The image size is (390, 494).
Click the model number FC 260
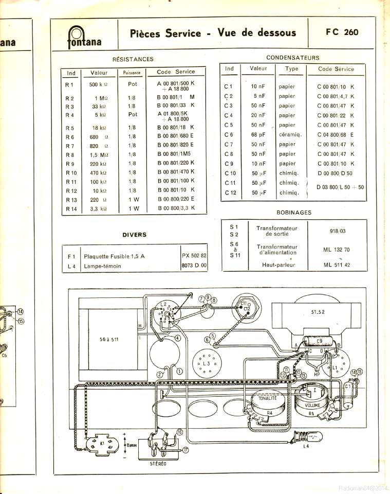342,32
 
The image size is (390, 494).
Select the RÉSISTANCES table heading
133,59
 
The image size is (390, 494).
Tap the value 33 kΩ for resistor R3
99,106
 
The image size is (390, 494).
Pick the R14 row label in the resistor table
71,208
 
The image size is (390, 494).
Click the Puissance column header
132,73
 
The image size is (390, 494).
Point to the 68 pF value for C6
258,135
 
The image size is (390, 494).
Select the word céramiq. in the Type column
290,135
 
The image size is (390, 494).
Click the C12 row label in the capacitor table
230,192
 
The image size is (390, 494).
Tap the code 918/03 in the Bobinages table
337,231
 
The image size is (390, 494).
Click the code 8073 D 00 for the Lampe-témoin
194,265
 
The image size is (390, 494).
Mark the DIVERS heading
135,235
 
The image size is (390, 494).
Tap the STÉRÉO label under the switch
158,463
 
